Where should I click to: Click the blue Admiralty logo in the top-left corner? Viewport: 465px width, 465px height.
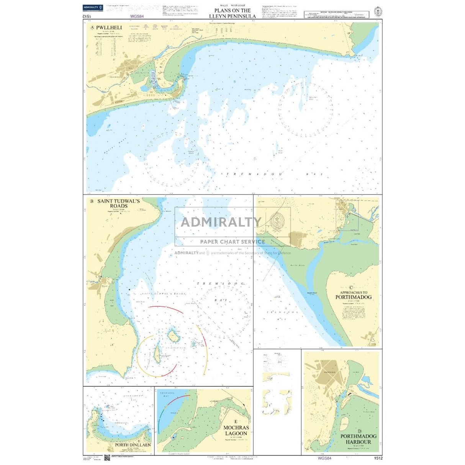click(93, 8)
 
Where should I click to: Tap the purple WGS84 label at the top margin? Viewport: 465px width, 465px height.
click(136, 16)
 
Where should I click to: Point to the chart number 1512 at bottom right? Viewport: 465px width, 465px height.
click(377, 458)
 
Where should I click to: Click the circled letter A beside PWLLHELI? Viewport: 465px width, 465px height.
click(92, 28)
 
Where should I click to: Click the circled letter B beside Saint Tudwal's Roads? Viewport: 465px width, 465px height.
click(92, 201)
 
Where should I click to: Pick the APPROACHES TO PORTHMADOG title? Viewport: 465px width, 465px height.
click(353, 295)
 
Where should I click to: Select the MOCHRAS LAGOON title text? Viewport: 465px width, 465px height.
click(236, 431)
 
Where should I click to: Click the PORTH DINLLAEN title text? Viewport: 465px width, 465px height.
click(133, 445)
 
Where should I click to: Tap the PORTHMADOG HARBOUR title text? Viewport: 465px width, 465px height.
click(359, 439)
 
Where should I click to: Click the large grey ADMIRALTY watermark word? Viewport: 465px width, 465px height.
click(221, 222)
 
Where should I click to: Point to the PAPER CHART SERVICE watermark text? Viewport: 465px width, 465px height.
click(232, 242)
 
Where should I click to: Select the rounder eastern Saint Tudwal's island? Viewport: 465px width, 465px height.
click(173, 336)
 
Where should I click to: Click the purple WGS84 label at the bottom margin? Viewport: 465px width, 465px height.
click(324, 458)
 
